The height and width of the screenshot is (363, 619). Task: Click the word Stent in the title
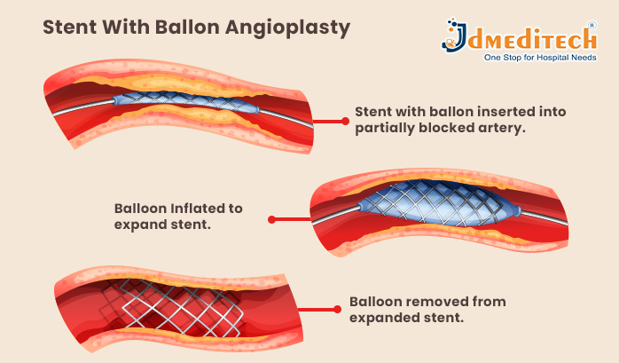(70, 28)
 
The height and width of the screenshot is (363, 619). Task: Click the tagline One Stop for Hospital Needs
(539, 59)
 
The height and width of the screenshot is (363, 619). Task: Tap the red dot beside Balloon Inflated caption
(271, 217)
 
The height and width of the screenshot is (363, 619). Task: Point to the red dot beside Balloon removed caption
(337, 310)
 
